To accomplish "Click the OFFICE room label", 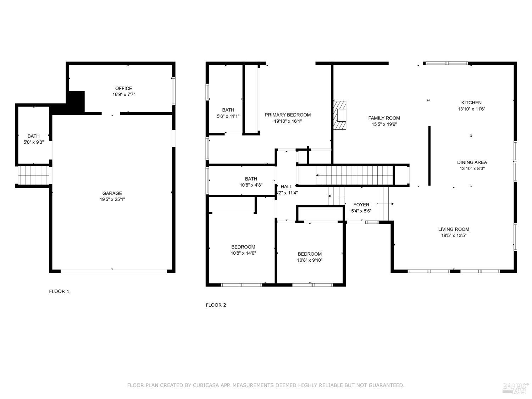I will pos(123,88).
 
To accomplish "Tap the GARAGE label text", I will pos(112,193).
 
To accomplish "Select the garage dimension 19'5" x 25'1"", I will pos(112,199).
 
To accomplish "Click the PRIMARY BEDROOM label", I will pos(288,115).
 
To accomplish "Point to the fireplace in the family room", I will pos(340,116).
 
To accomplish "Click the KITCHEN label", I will pos(471,103).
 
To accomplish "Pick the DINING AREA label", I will pos(472,162).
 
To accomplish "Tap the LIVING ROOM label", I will pos(454,229).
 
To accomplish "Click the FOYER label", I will pos(361,205).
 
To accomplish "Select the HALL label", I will pos(287,187).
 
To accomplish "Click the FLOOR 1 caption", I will pos(59,292).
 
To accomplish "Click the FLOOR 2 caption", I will pos(216,305).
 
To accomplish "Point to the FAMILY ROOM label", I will pos(384,118).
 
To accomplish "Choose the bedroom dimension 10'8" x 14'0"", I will pos(243,253).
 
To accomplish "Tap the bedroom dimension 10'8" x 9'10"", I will pos(310,260).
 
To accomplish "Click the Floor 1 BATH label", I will pos(34,136).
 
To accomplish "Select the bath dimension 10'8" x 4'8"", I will pos(251,185).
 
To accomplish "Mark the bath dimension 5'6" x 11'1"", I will pos(228,116).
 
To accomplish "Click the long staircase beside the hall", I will pos(355,175).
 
